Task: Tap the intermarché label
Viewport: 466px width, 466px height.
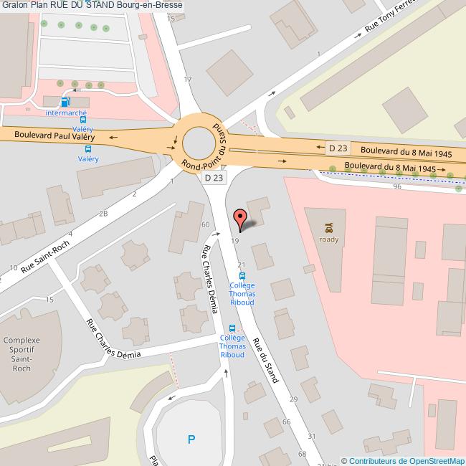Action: point(65,113)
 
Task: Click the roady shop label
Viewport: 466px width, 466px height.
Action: point(329,239)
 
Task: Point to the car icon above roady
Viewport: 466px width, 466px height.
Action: point(329,229)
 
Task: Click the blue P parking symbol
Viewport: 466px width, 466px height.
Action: point(191,439)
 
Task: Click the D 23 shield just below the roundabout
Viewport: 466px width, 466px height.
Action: point(214,177)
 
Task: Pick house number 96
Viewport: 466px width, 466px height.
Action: point(396,186)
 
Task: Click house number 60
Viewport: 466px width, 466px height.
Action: point(205,225)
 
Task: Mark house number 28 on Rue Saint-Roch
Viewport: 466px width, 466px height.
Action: point(103,214)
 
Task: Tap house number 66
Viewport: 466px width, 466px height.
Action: point(287,422)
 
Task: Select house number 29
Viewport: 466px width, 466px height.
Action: point(293,399)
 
